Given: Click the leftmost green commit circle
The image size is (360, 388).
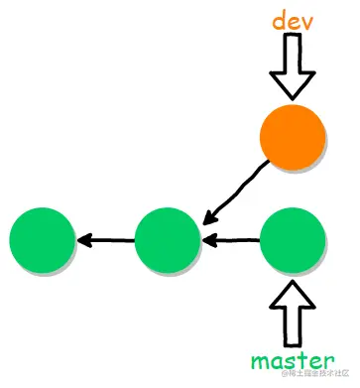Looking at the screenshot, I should coord(43,239).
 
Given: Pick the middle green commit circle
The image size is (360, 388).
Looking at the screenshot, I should coord(168,239).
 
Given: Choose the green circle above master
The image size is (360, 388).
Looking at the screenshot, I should coord(292,239).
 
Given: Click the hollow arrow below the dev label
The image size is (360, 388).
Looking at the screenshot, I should coord(292,65).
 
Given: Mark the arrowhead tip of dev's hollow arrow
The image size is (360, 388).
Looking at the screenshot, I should coord(292,96).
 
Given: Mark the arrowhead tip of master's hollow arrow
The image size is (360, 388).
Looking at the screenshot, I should coord(292,281).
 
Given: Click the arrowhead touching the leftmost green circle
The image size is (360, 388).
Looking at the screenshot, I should coord(83,239).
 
